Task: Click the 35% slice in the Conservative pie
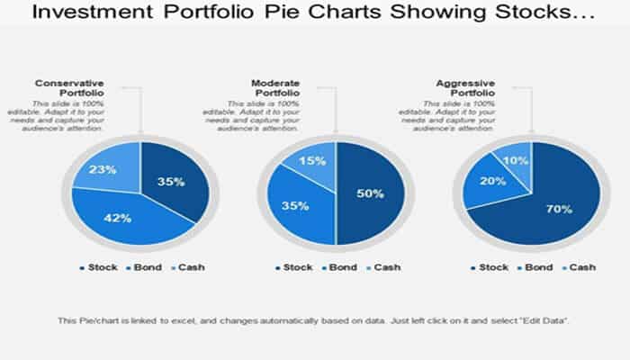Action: point(175,183)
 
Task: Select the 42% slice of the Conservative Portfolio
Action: point(121,217)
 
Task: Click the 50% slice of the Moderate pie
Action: point(369,193)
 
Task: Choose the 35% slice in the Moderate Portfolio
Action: point(297,205)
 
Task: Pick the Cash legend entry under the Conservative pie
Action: point(185,267)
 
